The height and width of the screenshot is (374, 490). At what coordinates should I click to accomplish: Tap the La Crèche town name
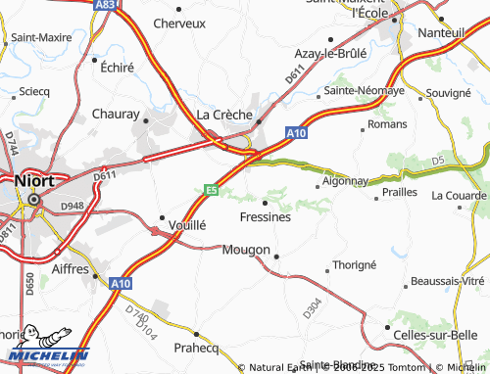[225, 114]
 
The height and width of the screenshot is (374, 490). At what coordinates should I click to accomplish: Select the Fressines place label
[265, 217]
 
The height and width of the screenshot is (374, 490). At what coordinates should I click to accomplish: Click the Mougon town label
[246, 250]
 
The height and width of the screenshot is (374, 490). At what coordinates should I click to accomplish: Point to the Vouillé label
[187, 224]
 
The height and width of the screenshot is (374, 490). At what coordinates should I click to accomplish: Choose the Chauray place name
[117, 115]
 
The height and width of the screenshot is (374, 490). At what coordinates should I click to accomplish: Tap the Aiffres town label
[70, 268]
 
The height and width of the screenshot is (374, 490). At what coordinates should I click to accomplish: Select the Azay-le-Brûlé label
[333, 54]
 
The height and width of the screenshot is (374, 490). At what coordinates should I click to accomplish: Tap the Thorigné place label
[355, 265]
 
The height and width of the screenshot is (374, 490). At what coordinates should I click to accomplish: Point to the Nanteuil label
[440, 33]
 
